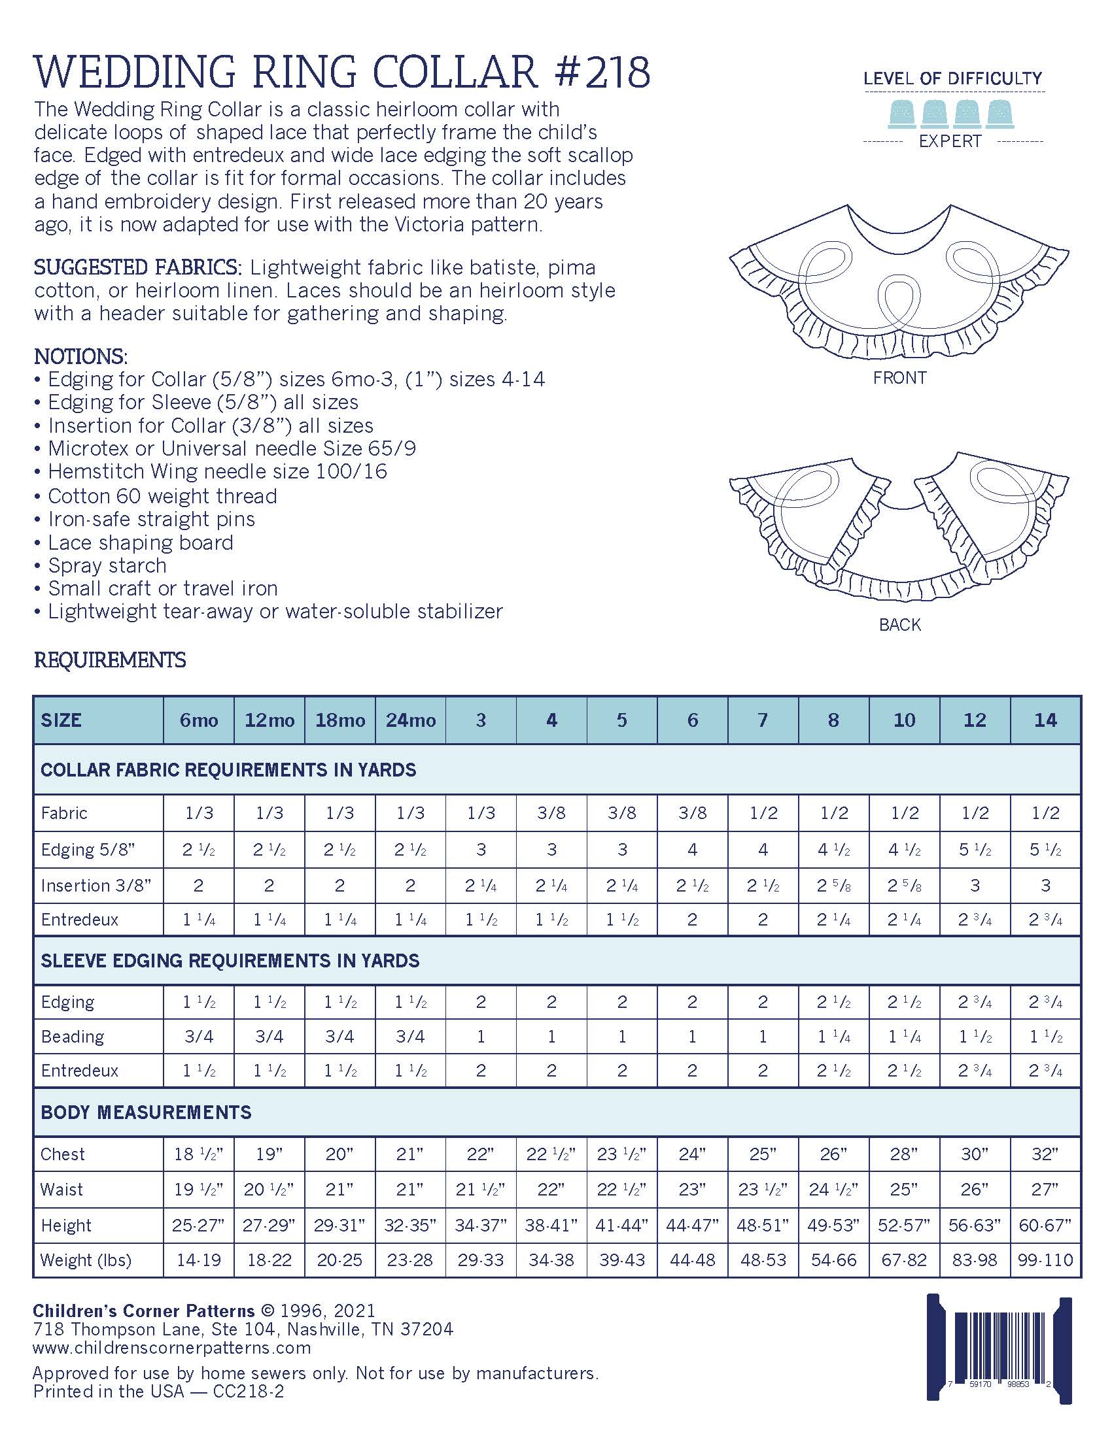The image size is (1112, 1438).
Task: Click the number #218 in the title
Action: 602,72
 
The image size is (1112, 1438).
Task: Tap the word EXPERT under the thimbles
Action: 950,141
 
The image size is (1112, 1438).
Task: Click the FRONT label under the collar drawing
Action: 899,378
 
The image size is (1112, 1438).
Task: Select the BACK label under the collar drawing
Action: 899,624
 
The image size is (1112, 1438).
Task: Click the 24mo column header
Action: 410,720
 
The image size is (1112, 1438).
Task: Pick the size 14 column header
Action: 1045,720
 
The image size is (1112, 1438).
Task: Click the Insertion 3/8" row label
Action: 96,885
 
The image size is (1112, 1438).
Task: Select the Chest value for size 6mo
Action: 198,1154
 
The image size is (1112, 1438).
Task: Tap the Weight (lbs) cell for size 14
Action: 1045,1260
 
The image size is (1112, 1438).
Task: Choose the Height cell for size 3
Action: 481,1225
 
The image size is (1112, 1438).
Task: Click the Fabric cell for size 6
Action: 692,812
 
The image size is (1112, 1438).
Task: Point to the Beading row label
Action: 73,1037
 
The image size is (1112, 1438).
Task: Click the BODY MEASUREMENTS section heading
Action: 146,1112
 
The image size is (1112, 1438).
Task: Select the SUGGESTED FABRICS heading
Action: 137,267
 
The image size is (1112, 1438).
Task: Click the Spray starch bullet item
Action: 107,565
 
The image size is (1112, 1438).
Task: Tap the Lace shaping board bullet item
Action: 141,543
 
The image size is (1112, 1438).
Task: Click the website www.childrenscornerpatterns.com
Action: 171,1348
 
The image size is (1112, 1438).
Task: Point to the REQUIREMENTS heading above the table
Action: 109,660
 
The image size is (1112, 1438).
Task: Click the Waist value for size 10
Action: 904,1189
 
